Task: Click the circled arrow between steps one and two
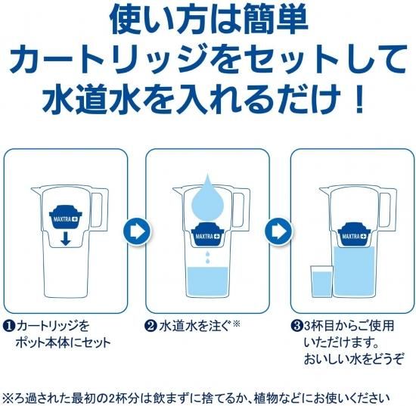[x=137, y=231]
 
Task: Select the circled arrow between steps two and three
[x=278, y=231]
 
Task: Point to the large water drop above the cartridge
[x=207, y=197]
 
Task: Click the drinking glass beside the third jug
[x=321, y=281]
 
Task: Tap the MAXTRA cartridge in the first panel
[x=66, y=217]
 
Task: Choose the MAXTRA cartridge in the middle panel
[x=207, y=234]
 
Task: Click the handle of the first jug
[x=100, y=209]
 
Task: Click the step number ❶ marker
[x=9, y=326]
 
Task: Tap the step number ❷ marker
[x=151, y=326]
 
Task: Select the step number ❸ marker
[x=296, y=326]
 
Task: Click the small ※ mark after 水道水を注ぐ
[x=236, y=324]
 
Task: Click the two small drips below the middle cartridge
[x=208, y=258]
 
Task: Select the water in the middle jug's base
[x=208, y=281]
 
